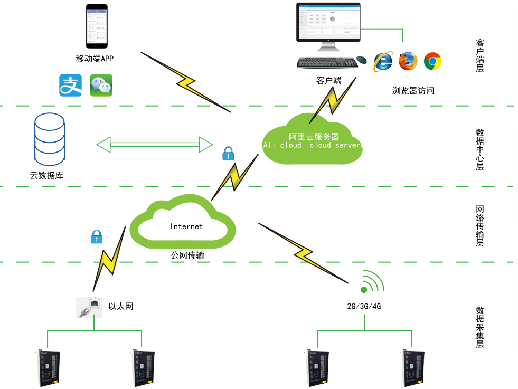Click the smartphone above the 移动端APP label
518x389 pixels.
(x=97, y=26)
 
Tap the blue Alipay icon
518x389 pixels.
(x=71, y=86)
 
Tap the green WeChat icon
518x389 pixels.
(x=101, y=86)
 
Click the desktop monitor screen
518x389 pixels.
(x=328, y=22)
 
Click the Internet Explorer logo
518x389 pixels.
(x=383, y=61)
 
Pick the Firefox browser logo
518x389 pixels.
(x=408, y=61)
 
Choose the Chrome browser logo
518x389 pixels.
(x=432, y=61)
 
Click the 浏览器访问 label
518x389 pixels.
(x=413, y=91)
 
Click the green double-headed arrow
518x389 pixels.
(x=154, y=144)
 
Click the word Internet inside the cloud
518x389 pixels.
(x=186, y=226)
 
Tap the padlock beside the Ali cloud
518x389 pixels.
(x=228, y=154)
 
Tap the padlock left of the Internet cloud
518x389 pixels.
(x=96, y=236)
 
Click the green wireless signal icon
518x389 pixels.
(x=372, y=283)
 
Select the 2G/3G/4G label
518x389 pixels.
(x=364, y=306)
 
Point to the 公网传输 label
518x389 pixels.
(x=187, y=255)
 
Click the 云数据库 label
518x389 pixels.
(x=46, y=176)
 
